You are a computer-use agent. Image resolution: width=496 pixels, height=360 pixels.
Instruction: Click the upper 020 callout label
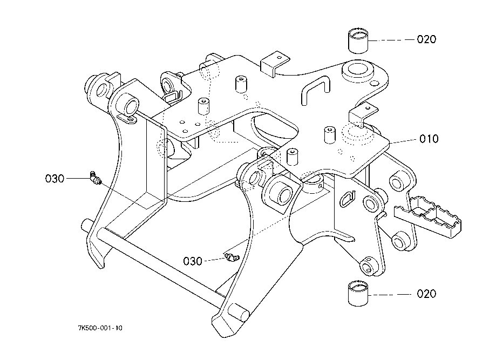click(x=426, y=39)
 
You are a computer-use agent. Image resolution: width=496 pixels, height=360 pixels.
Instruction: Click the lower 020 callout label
click(x=426, y=294)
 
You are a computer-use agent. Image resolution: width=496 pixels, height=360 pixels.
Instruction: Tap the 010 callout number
click(x=429, y=139)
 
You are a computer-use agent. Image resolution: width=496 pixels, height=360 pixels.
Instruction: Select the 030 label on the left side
click(x=55, y=179)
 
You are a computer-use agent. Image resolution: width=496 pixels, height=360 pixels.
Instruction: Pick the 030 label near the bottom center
click(x=193, y=261)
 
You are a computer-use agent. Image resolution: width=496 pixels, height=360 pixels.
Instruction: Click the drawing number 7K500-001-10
click(x=100, y=328)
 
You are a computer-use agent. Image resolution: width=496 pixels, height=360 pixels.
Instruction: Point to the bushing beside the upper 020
click(x=358, y=40)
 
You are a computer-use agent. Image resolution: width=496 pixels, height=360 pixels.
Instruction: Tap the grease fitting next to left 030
click(x=94, y=179)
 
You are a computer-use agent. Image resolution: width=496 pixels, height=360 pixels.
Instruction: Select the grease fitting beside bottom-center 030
click(x=233, y=258)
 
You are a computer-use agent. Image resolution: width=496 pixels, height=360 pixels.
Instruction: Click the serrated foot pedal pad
click(x=428, y=216)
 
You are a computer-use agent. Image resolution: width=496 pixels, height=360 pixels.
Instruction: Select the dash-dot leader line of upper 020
click(x=391, y=40)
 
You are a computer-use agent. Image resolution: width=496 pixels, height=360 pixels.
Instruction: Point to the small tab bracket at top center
click(x=275, y=63)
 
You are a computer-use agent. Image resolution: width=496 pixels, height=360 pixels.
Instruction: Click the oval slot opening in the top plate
click(x=275, y=127)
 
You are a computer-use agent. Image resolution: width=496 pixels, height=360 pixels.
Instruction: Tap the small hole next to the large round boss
click(x=375, y=83)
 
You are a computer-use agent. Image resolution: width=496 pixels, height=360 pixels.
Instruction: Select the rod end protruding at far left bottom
click(x=86, y=225)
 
